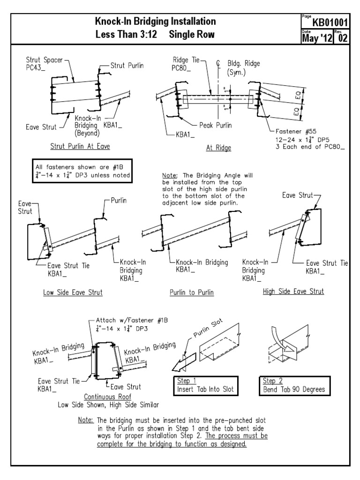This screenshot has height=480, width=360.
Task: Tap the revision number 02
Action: (344, 37)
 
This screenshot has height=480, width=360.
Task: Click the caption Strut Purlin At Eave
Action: (80, 146)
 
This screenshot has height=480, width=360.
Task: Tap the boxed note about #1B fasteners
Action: (81, 171)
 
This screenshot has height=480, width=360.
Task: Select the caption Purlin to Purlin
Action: (192, 293)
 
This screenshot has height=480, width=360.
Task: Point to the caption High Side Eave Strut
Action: (293, 292)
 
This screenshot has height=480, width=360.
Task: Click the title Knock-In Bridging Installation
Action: (156, 22)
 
